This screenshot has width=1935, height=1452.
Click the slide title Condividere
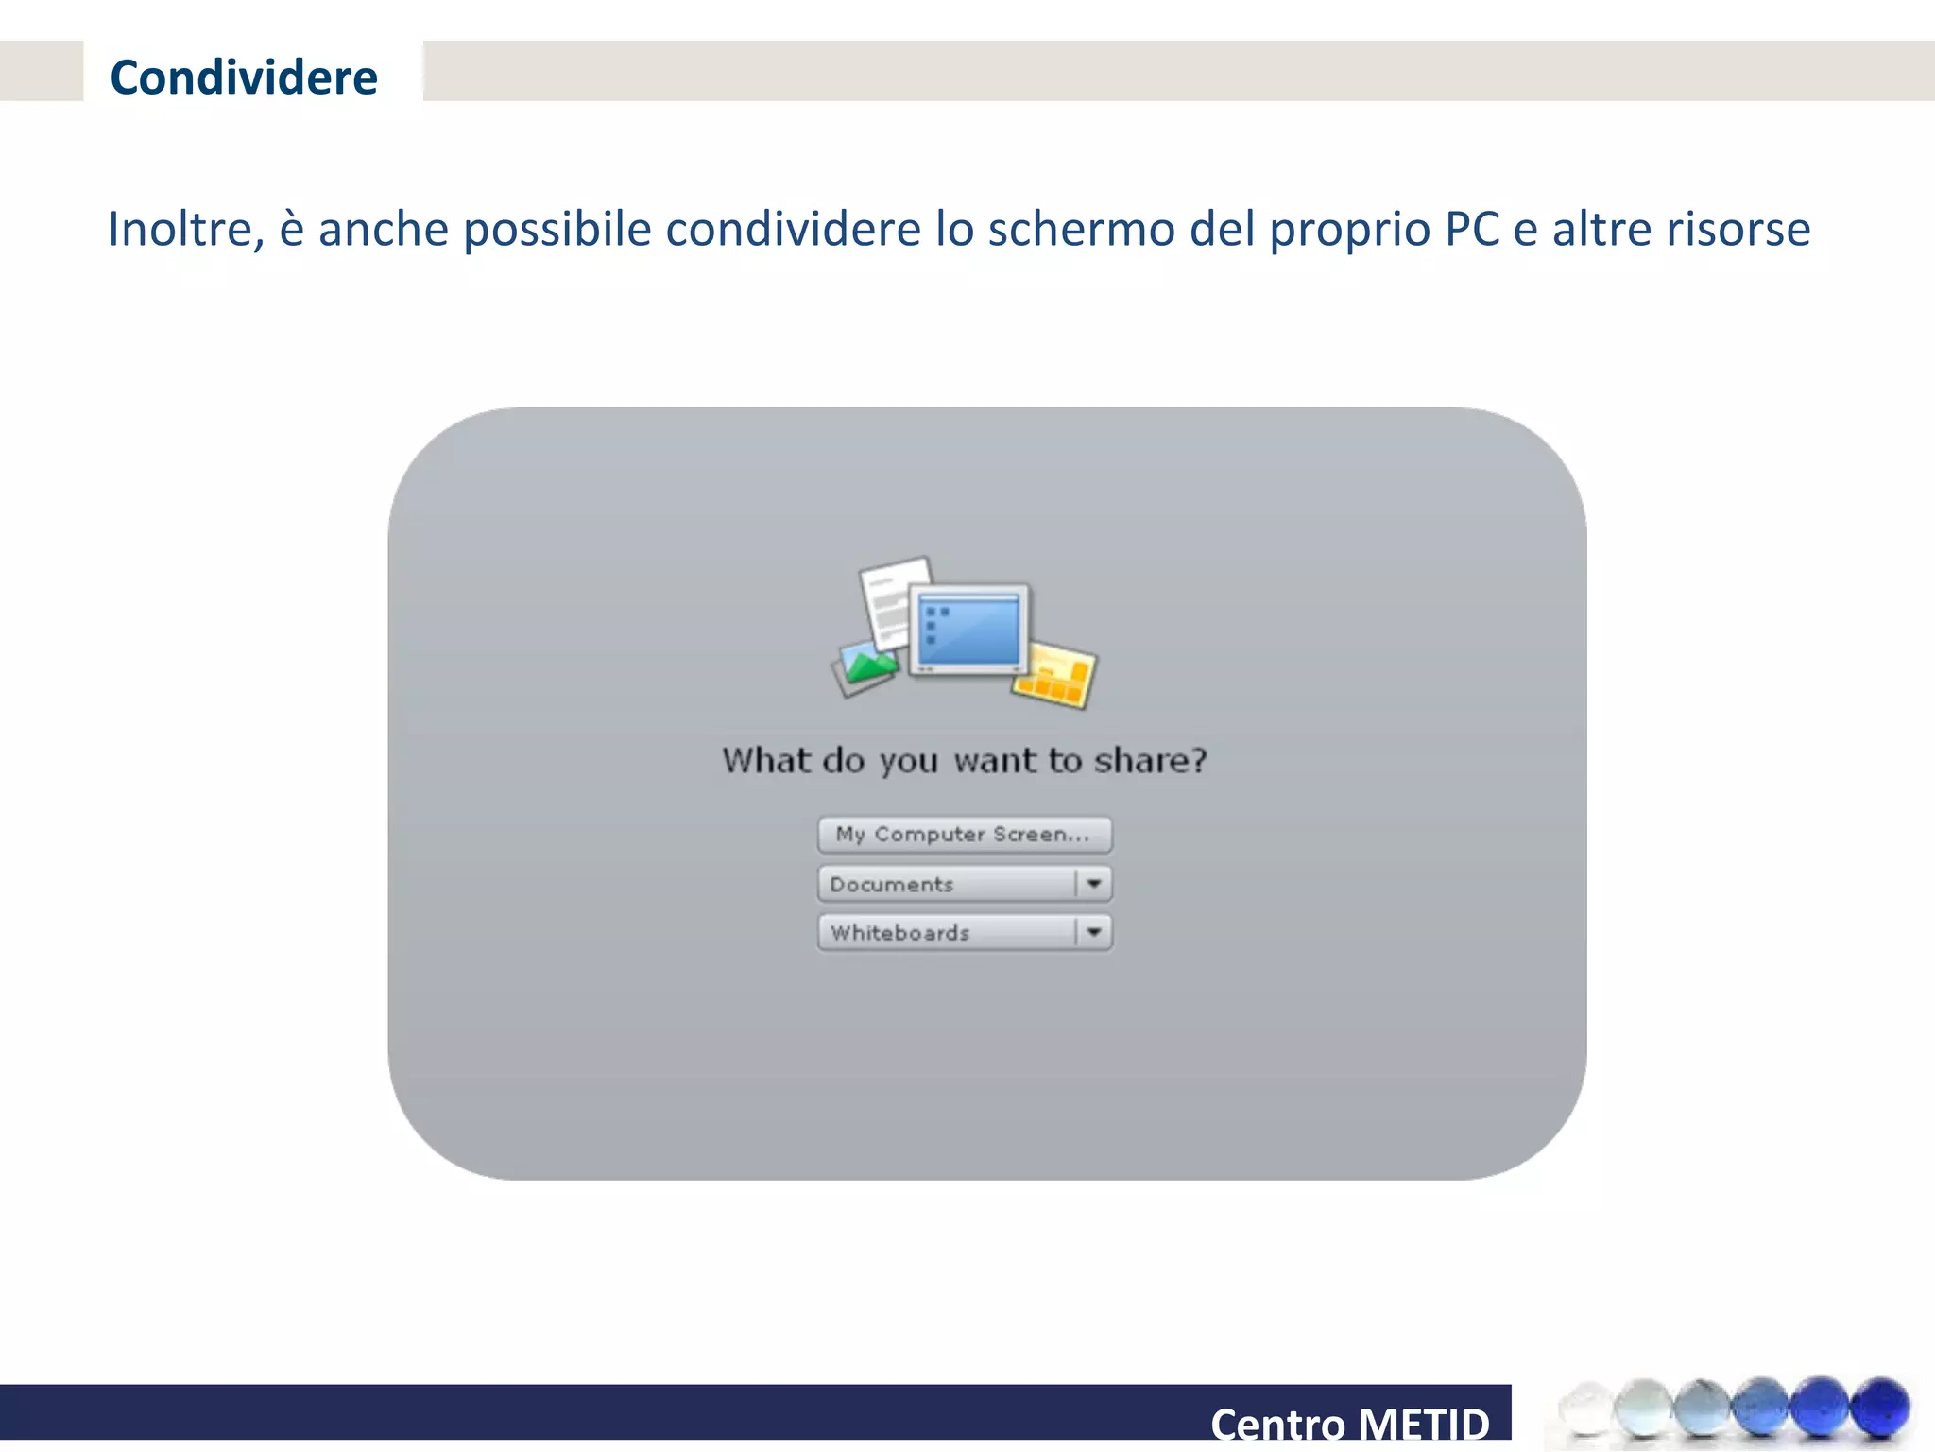tap(244, 78)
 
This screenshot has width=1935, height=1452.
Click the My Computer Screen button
tap(964, 835)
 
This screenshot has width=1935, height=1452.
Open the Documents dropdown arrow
tap(1093, 884)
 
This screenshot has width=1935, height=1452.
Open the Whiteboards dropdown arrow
tap(1093, 932)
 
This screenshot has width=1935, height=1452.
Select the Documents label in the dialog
tap(891, 885)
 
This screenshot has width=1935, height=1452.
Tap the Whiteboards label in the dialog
tap(899, 933)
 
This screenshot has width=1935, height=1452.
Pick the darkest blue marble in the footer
tap(1879, 1407)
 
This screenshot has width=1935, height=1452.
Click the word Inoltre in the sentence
tap(185, 230)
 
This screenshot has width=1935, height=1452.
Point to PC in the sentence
tap(1471, 230)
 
